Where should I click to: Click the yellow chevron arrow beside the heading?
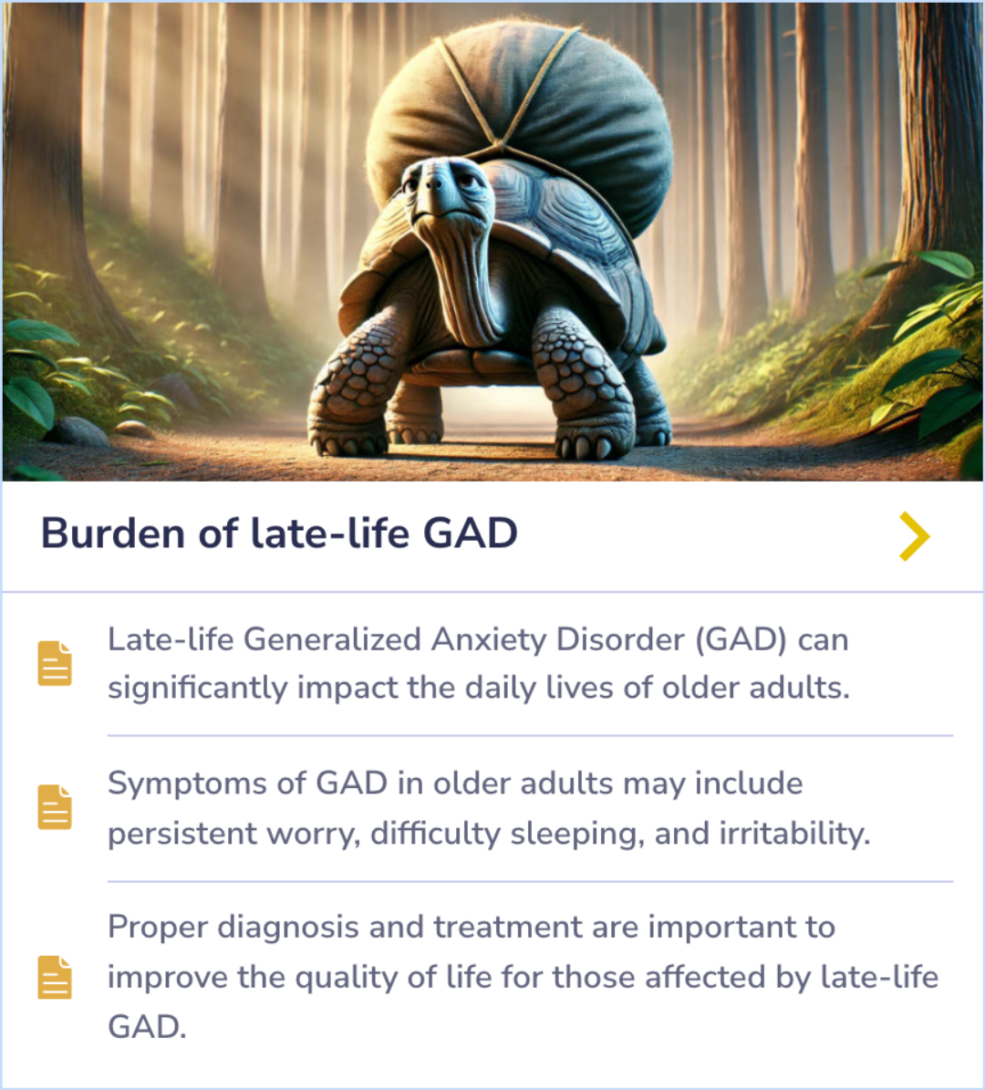pos(914,535)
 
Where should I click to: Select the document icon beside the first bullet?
pos(55,663)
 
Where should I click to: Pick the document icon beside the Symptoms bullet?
pos(55,807)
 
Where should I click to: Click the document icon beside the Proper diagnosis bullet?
pos(55,977)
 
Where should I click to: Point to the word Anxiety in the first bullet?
pos(488,639)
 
